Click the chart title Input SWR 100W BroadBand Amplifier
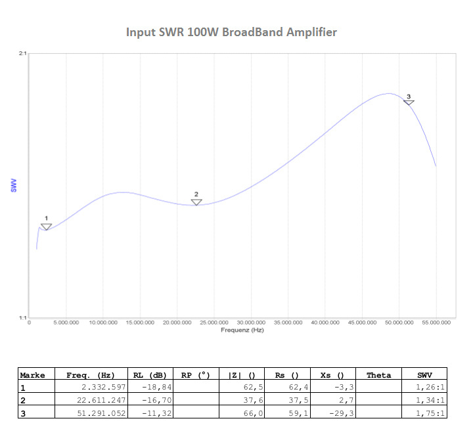coord(231,32)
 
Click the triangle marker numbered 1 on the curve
coord(46,227)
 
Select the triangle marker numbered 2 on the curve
coord(196,202)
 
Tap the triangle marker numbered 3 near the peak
coord(409,102)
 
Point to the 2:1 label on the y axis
coord(22,54)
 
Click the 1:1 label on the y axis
coord(22,318)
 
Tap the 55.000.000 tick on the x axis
coord(436,323)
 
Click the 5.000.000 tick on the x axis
coord(66,323)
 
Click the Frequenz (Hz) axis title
coord(242,330)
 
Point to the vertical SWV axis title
coord(14,186)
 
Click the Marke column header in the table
coord(33,375)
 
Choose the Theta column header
coord(378,375)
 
